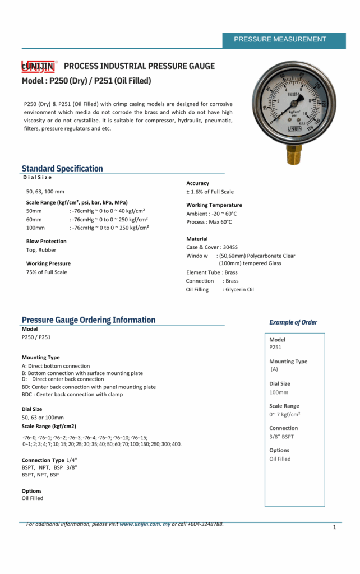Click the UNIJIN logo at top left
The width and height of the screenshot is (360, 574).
(x=38, y=67)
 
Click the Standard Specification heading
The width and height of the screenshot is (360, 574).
(x=62, y=168)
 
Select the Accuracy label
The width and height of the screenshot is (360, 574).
(x=197, y=183)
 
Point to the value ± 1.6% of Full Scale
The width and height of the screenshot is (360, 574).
(x=210, y=192)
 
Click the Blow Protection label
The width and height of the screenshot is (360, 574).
(x=46, y=242)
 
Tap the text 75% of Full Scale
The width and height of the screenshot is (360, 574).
(x=47, y=272)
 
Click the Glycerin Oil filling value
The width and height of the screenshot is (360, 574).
(x=238, y=290)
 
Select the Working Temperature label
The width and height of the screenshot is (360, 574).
(x=214, y=205)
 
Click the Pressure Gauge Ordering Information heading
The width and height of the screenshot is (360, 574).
(x=89, y=320)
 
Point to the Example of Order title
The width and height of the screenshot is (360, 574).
(x=293, y=322)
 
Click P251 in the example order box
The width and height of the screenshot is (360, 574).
(x=275, y=347)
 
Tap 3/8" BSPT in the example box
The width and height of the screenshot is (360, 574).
(x=281, y=437)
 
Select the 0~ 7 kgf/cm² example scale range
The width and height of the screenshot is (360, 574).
(x=285, y=414)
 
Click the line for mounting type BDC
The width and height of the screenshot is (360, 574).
(x=72, y=395)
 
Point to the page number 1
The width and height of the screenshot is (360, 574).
(x=334, y=527)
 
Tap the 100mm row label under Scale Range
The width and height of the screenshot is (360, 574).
(x=35, y=228)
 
